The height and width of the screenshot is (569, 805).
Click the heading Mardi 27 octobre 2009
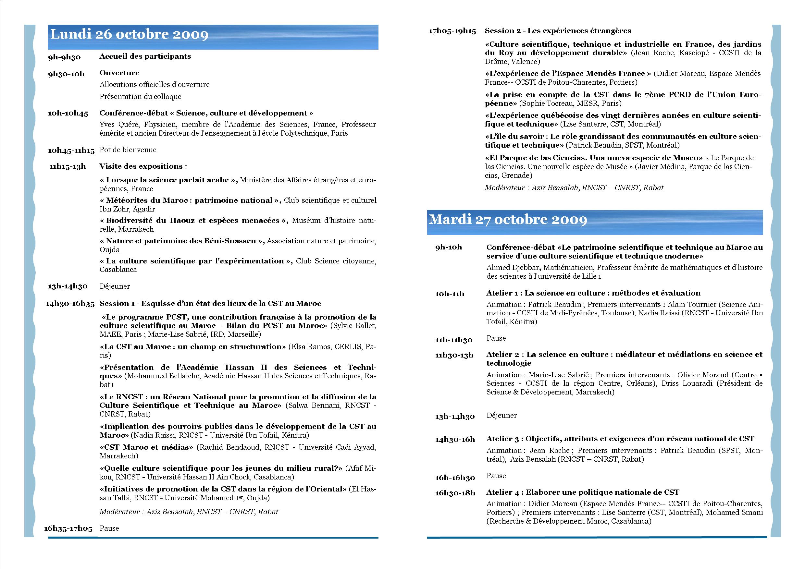tap(508, 220)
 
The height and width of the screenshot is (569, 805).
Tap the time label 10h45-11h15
tap(71, 151)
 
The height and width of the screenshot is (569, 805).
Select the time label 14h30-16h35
tap(70, 304)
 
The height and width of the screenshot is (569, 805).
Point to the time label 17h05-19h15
tap(452, 31)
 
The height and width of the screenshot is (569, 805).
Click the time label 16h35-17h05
tap(68, 528)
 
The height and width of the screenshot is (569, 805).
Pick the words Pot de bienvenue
tap(128, 150)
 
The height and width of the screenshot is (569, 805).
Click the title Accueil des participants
tap(145, 56)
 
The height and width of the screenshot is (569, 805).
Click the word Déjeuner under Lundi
tap(115, 286)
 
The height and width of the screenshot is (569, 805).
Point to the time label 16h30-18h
tap(455, 493)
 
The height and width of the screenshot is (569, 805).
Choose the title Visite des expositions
tap(143, 166)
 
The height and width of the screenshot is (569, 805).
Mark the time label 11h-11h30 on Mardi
tap(454, 340)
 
